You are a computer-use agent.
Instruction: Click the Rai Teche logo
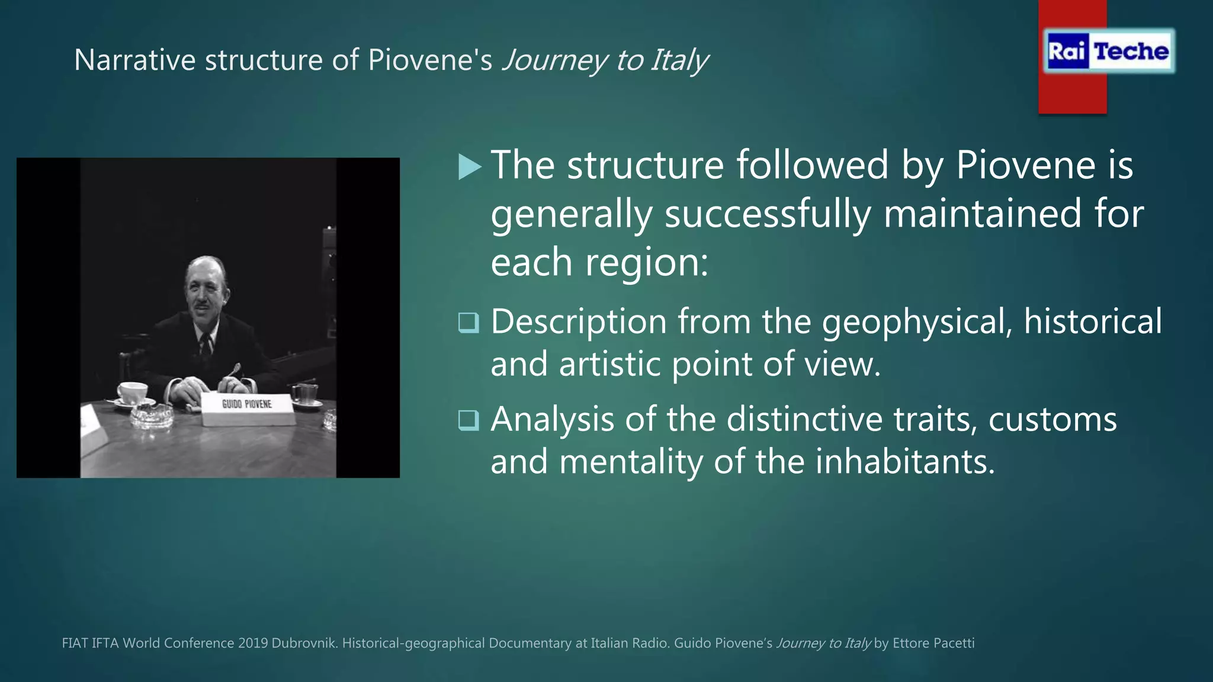pyautogui.click(x=1108, y=51)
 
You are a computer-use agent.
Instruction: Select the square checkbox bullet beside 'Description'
pyautogui.click(x=468, y=323)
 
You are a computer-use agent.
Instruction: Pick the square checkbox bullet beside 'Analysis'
pyautogui.click(x=468, y=420)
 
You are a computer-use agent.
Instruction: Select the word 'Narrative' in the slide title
pyautogui.click(x=134, y=60)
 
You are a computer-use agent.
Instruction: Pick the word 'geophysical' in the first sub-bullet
pyautogui.click(x=917, y=323)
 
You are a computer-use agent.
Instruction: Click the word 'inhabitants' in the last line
pyautogui.click(x=905, y=462)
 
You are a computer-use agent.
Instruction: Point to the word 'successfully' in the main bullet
pyautogui.click(x=768, y=214)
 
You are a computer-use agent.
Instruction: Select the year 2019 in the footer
pyautogui.click(x=253, y=643)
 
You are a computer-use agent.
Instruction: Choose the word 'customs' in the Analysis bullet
pyautogui.click(x=1052, y=420)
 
